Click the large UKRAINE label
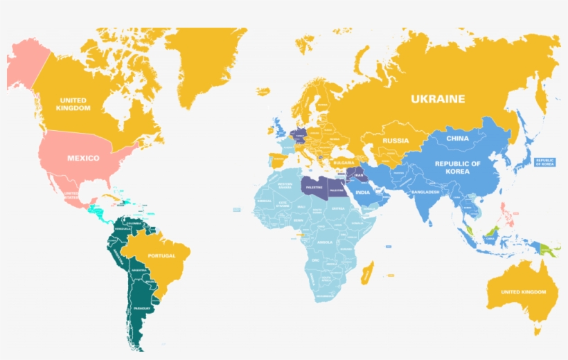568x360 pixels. point(438,99)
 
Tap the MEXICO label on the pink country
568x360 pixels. point(82,158)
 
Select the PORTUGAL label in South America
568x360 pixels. point(161,255)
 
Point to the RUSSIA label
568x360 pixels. point(396,141)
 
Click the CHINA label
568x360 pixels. point(457,138)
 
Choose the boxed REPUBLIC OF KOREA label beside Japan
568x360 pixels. point(544,162)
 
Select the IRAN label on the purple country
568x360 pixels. point(358,176)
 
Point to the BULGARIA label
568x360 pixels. point(344,163)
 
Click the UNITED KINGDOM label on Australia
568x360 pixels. point(523,292)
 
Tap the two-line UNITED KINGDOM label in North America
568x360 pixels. point(73,105)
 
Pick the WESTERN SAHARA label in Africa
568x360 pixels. point(285,186)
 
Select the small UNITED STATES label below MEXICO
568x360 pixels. point(71,195)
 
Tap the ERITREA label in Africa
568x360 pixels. point(337,208)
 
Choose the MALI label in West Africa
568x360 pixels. point(301,206)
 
